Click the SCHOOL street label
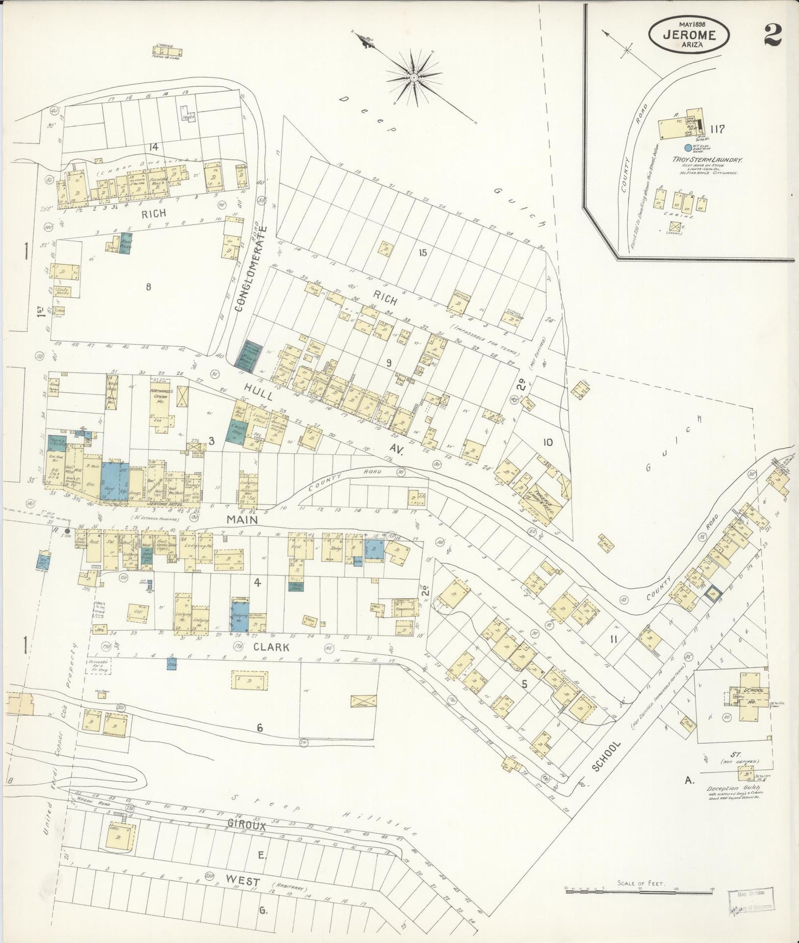607,757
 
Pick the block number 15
423,253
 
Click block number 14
153,147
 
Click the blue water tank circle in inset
688,148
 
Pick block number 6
259,728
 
